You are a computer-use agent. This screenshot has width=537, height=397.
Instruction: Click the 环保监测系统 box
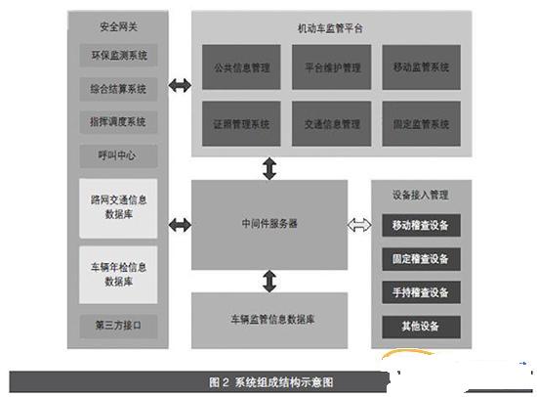[118, 55]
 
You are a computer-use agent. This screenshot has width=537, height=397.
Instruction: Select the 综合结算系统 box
[118, 89]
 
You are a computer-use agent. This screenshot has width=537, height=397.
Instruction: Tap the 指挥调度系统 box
[118, 122]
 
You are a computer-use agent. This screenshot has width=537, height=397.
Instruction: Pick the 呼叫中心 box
[118, 155]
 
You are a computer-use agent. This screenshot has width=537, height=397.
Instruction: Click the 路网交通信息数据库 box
[118, 208]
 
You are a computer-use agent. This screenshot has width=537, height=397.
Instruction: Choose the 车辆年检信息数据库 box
[118, 275]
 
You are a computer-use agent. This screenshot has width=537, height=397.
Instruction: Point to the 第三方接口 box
[118, 326]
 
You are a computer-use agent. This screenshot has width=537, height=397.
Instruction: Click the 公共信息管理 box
[241, 67]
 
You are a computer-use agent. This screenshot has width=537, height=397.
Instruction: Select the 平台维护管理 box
[332, 67]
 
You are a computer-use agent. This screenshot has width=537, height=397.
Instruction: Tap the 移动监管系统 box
[421, 67]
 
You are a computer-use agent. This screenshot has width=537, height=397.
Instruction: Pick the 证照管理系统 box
[241, 123]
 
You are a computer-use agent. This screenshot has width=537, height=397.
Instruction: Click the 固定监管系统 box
[421, 123]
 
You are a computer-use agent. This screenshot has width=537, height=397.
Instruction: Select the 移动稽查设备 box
[421, 226]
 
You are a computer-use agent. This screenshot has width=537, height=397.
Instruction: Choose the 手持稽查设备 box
[421, 292]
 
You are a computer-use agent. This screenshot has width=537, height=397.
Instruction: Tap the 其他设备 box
[421, 326]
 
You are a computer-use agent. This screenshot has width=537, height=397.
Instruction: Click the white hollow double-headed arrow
[359, 225]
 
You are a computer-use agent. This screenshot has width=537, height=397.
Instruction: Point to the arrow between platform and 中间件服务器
[269, 168]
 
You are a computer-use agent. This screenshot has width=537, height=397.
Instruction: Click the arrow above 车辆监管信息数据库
[269, 281]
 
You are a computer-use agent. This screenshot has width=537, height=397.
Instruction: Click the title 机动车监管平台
[330, 28]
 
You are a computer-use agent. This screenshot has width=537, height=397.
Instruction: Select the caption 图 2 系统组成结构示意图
[270, 382]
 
